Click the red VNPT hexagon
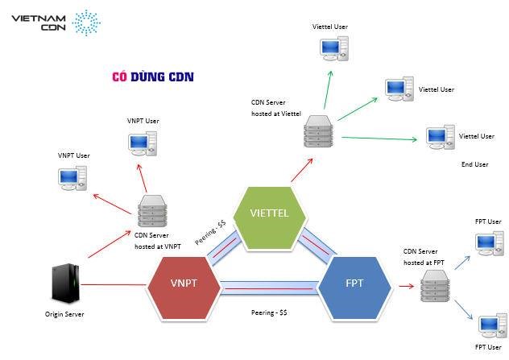[x=185, y=283]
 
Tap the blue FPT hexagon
[x=355, y=283]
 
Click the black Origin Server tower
[x=66, y=283]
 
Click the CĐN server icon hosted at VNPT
[x=150, y=213]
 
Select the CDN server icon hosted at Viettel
[x=317, y=132]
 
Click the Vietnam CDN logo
[x=52, y=23]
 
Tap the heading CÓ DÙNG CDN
[x=153, y=77]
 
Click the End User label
[x=474, y=164]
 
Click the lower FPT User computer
[x=488, y=326]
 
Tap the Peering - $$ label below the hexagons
[x=270, y=311]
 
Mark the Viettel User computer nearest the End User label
[x=440, y=136]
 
